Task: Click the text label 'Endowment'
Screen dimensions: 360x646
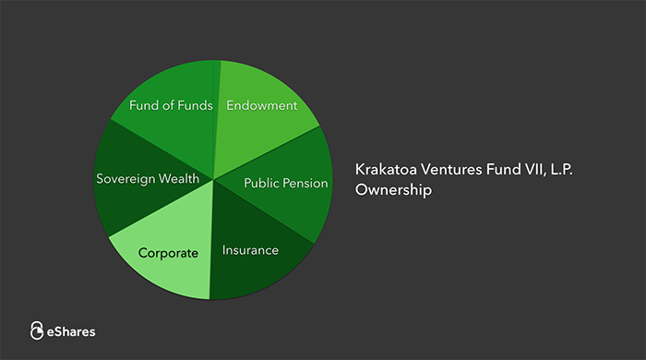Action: pyautogui.click(x=262, y=105)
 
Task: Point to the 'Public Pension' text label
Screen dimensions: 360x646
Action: pyautogui.click(x=285, y=183)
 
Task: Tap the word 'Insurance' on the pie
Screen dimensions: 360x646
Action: pyautogui.click(x=250, y=250)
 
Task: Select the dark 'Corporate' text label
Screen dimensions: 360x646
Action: pyautogui.click(x=168, y=252)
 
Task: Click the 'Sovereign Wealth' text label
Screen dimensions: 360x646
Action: pyautogui.click(x=148, y=178)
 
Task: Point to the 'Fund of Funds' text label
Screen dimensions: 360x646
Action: pyautogui.click(x=172, y=105)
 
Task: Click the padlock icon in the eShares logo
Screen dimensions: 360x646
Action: pyautogui.click(x=37, y=330)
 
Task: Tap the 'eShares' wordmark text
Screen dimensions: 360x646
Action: pyautogui.click(x=71, y=330)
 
